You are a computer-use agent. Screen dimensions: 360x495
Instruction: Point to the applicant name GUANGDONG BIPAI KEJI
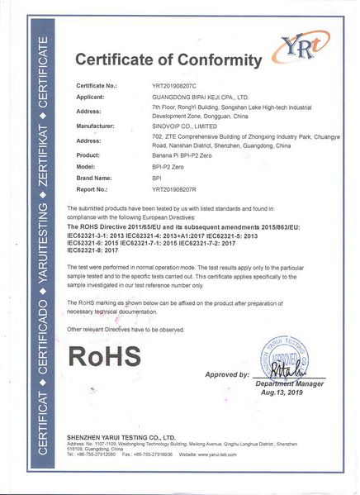(198, 97)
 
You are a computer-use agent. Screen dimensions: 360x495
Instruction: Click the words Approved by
(226, 375)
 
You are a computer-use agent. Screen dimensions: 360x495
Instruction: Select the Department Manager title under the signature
(290, 384)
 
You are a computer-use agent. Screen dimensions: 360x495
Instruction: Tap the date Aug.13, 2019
(290, 394)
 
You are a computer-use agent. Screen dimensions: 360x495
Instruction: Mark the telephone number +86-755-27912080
(97, 455)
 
